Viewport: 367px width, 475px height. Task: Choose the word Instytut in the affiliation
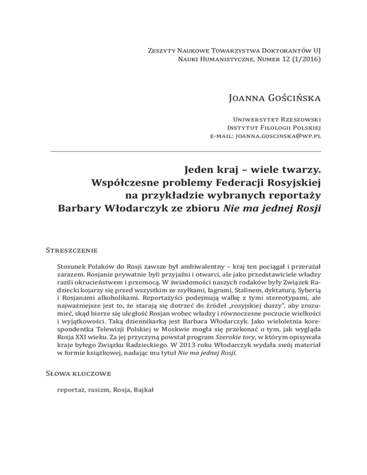click(x=234, y=127)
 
